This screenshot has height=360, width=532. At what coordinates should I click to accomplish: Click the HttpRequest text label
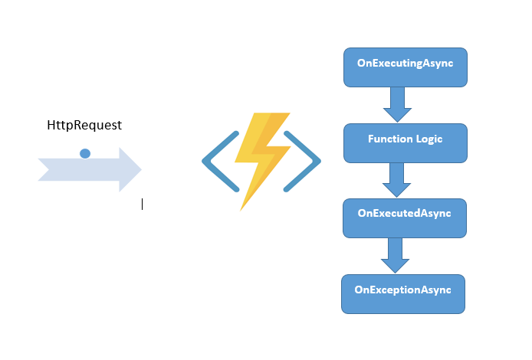84,125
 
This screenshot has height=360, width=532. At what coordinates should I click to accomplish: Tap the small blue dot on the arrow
85,153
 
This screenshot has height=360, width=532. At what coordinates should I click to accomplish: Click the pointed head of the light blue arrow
131,169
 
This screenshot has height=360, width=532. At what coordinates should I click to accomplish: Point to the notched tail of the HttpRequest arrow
44,169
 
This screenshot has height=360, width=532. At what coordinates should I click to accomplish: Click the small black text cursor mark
142,204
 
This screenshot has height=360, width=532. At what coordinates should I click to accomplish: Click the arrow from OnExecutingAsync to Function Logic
397,104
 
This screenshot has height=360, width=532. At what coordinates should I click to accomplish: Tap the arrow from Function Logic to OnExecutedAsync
397,180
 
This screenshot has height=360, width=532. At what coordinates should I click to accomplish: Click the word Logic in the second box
428,139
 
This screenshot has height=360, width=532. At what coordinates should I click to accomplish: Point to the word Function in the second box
389,139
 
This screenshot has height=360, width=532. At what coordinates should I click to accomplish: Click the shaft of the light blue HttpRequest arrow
77,169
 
